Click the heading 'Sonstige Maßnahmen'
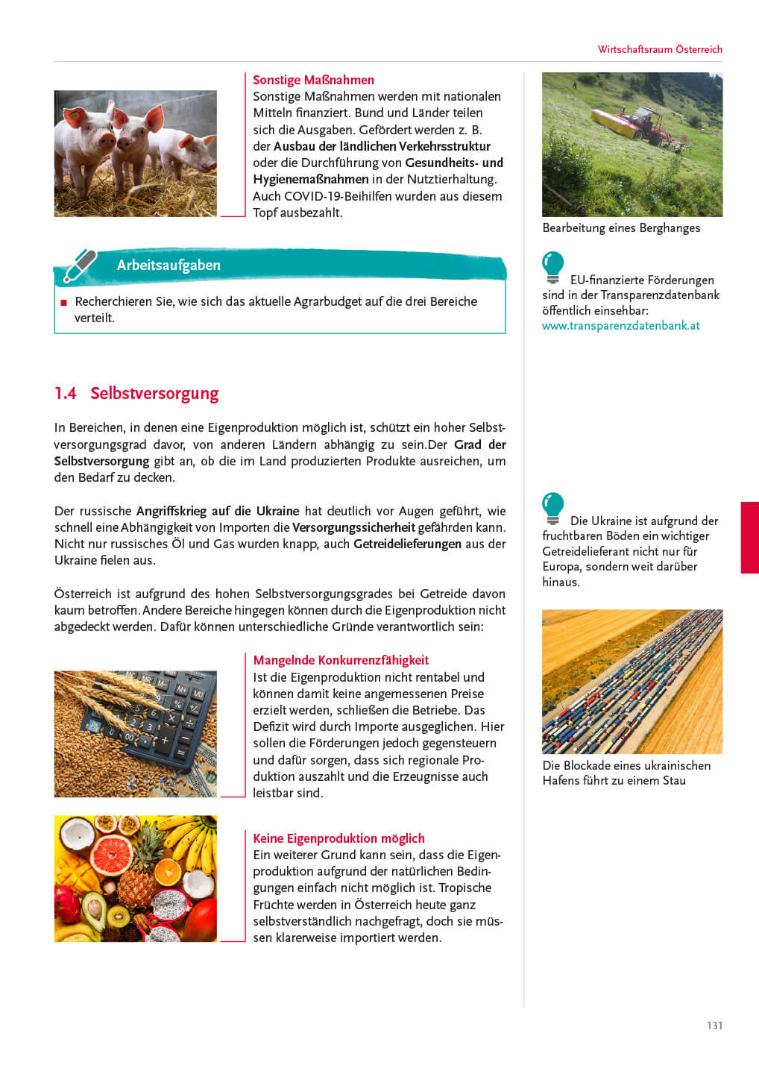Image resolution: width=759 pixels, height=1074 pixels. (x=313, y=80)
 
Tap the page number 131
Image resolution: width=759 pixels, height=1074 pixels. (x=714, y=1026)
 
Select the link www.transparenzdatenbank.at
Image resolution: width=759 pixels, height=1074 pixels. (x=620, y=326)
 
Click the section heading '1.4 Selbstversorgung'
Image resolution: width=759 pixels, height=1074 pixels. (x=136, y=393)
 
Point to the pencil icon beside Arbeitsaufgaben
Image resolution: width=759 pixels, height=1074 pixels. (x=80, y=266)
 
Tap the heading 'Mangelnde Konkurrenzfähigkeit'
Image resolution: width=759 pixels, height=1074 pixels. (x=341, y=660)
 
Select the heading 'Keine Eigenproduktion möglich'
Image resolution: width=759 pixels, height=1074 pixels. (x=338, y=838)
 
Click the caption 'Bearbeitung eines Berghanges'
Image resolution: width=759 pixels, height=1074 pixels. (x=621, y=228)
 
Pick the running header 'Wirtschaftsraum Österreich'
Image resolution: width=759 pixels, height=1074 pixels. (x=660, y=49)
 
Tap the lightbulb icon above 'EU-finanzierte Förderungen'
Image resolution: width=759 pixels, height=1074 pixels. (x=552, y=267)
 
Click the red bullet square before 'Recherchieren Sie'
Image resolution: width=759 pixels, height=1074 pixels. (x=63, y=303)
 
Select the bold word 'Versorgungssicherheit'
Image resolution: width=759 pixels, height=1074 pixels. (x=353, y=527)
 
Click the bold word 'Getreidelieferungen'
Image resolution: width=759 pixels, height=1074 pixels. (x=407, y=544)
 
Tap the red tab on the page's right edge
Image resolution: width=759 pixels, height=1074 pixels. (x=749, y=537)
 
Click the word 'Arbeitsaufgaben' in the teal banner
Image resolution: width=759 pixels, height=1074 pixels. (x=169, y=265)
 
